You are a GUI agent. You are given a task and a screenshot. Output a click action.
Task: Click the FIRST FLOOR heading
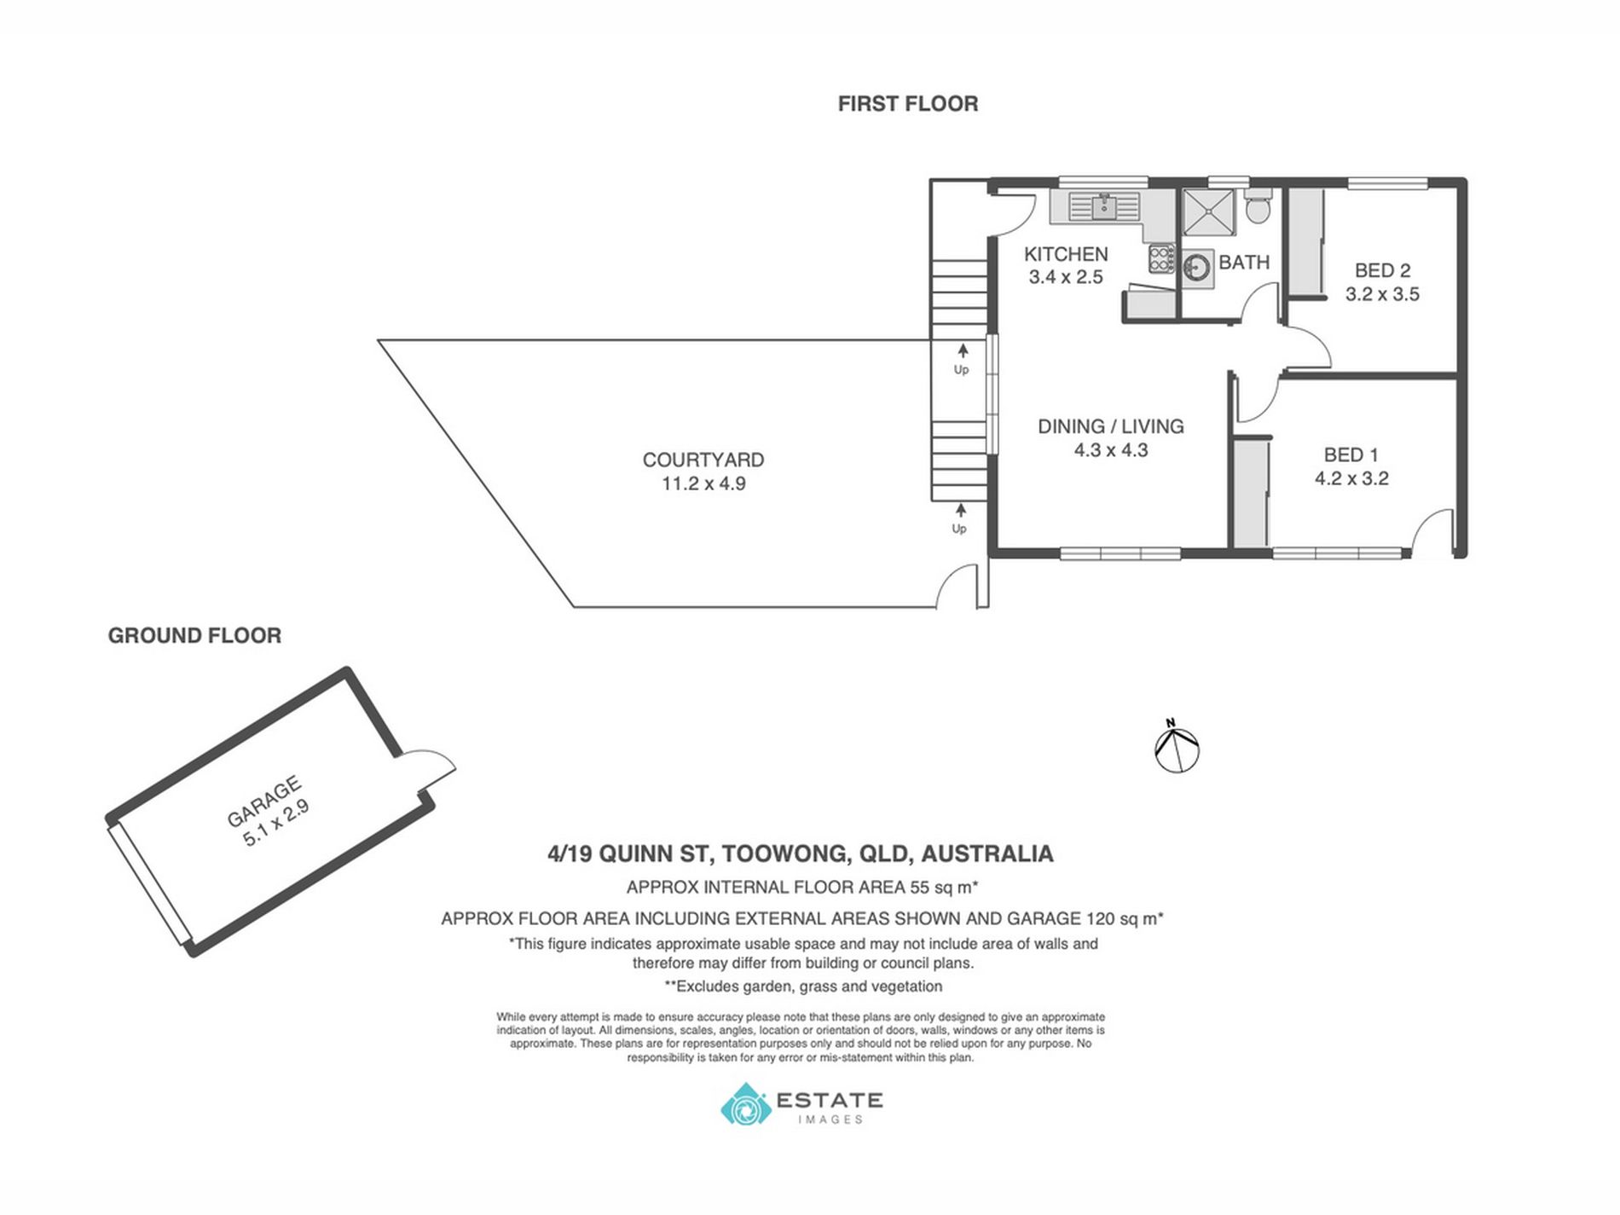point(907,103)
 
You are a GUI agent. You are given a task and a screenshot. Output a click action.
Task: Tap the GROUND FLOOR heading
point(194,635)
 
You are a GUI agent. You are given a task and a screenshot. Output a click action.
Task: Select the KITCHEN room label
point(1066,254)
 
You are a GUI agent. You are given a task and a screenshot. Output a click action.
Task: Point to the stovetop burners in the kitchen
point(1161,257)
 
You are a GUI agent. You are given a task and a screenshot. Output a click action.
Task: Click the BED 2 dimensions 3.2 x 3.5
point(1382,295)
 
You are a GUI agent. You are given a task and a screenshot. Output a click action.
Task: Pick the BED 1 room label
point(1351,454)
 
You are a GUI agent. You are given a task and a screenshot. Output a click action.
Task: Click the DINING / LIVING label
point(1110,426)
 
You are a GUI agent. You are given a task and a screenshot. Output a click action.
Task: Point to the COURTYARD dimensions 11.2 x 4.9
point(703,483)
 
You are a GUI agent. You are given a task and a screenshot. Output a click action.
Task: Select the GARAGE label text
point(263,801)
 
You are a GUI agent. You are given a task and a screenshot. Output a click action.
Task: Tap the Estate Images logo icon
point(745,1105)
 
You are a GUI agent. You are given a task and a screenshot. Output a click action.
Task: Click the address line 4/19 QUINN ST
point(801,853)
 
